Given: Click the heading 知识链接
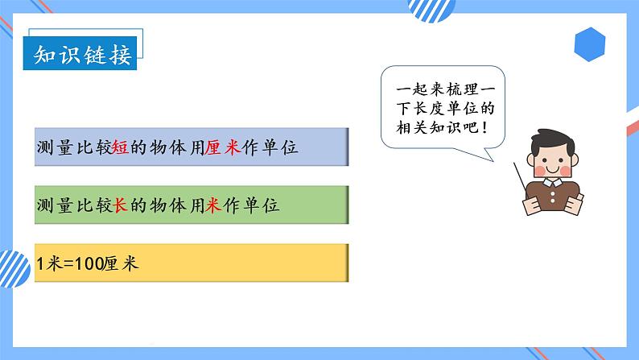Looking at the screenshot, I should click(x=84, y=56).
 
